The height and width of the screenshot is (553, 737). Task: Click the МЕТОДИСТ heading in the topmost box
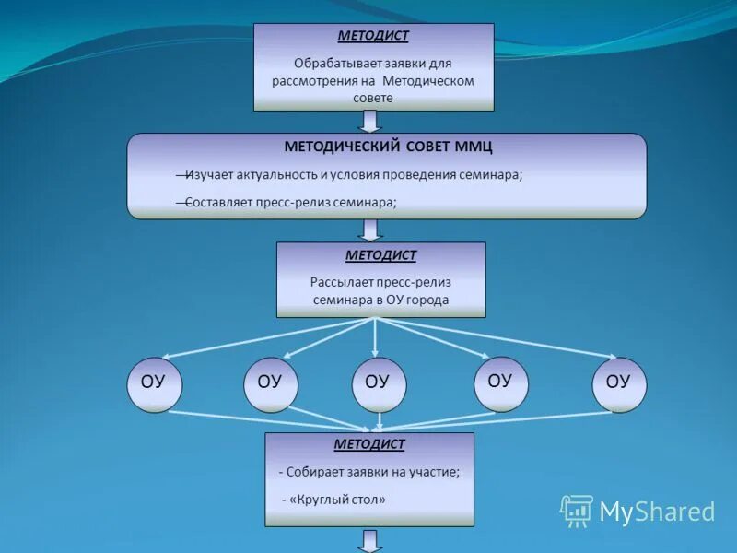click(x=373, y=37)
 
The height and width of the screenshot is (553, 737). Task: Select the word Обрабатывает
click(x=333, y=64)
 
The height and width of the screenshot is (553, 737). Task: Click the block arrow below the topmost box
click(x=370, y=122)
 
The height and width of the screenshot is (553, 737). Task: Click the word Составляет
click(x=216, y=202)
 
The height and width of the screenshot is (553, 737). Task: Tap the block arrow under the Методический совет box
click(x=370, y=229)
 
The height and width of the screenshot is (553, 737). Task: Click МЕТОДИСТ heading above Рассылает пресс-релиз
click(x=380, y=255)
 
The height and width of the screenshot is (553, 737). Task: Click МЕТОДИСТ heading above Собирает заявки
click(x=369, y=444)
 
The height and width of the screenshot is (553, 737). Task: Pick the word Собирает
click(x=314, y=472)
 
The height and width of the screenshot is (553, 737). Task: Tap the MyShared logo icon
click(x=576, y=511)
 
